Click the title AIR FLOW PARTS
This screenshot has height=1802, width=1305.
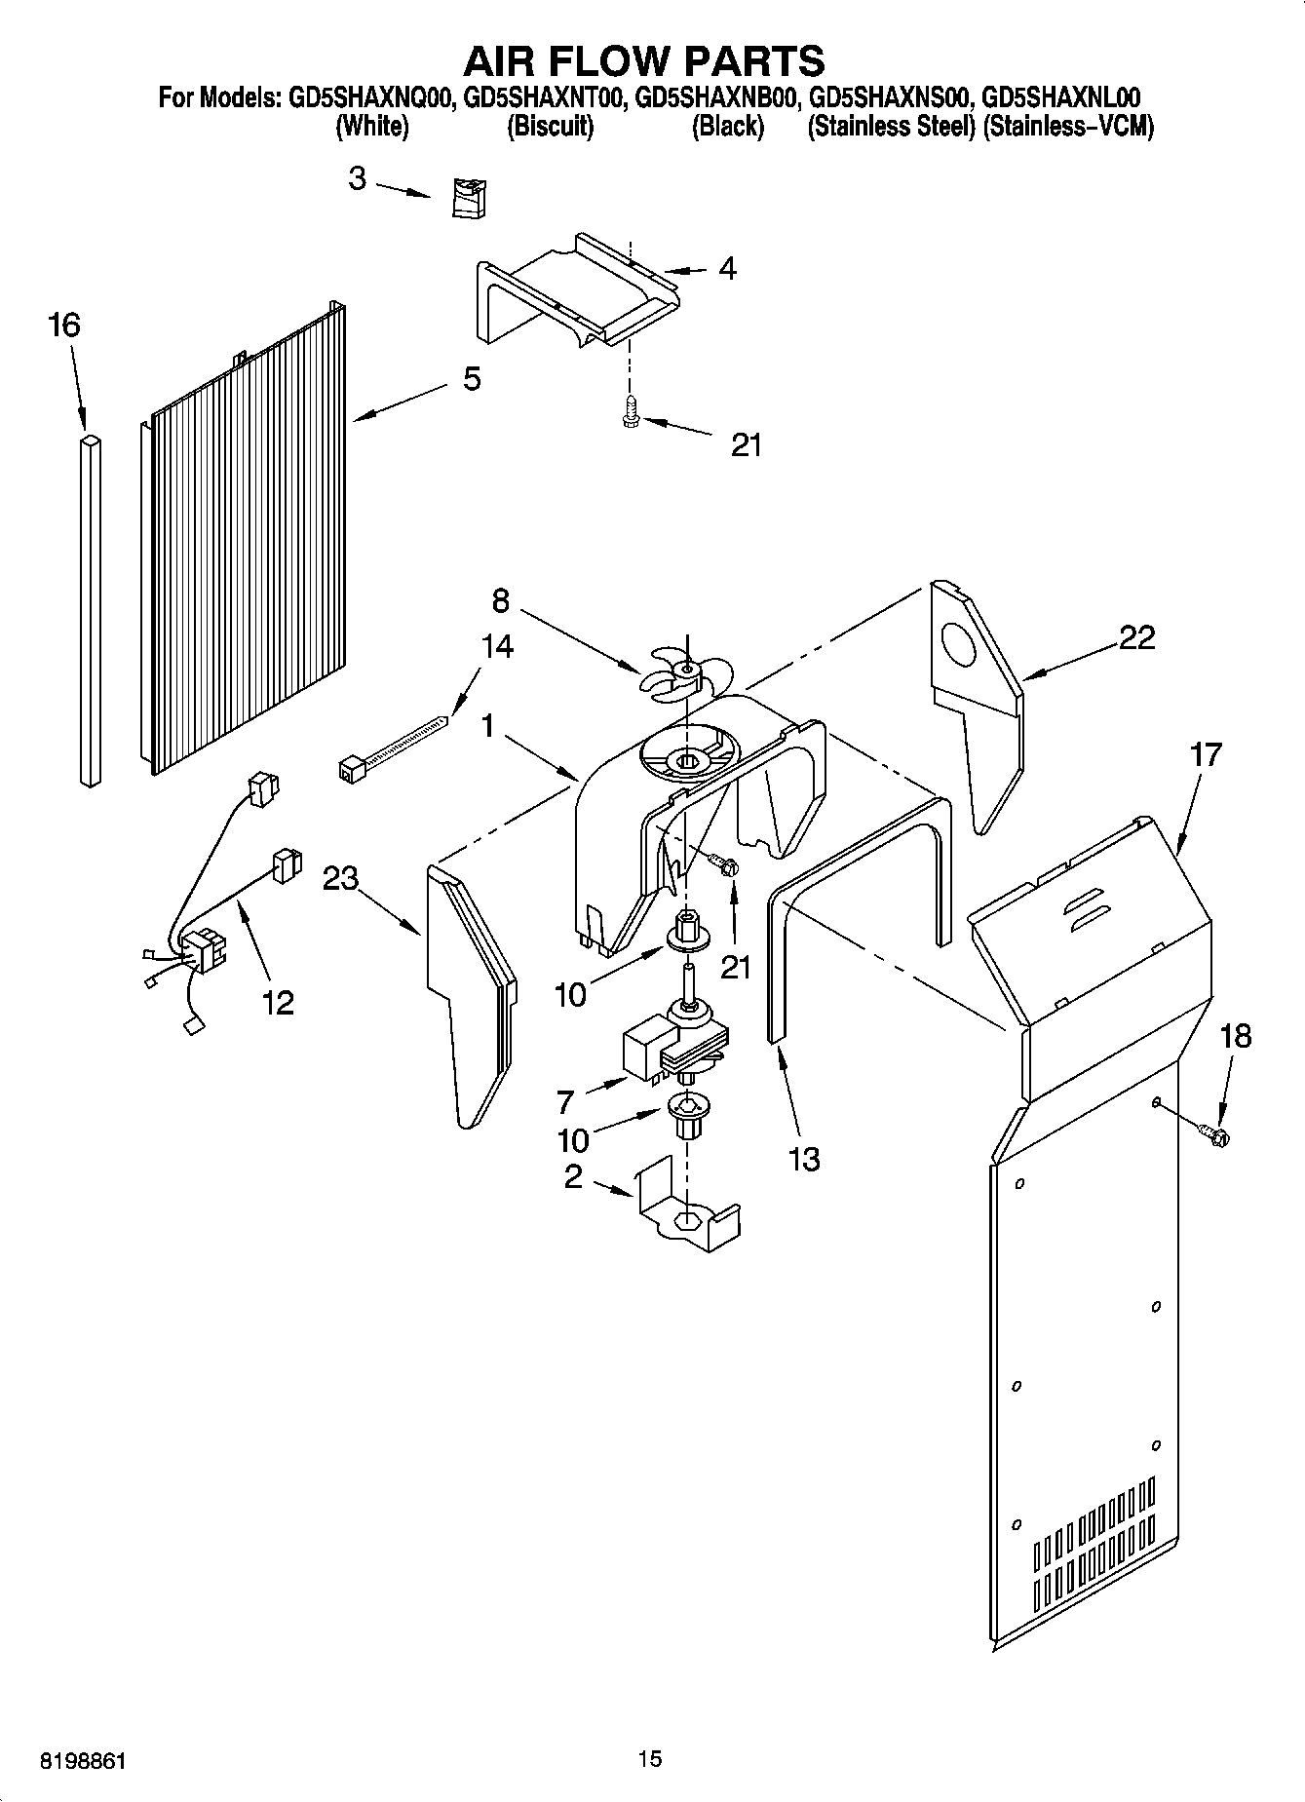pyautogui.click(x=643, y=60)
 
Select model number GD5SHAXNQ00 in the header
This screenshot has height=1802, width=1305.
pyautogui.click(x=368, y=98)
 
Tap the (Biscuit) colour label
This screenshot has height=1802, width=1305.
pyautogui.click(x=550, y=127)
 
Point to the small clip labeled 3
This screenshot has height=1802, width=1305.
pyautogui.click(x=471, y=199)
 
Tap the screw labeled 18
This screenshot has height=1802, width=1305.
pyautogui.click(x=1214, y=1131)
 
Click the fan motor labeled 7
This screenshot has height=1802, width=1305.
pyautogui.click(x=672, y=1048)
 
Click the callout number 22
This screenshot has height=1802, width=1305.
pyautogui.click(x=1136, y=637)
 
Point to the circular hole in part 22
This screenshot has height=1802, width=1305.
pyautogui.click(x=961, y=646)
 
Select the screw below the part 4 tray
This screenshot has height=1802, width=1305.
pyautogui.click(x=631, y=412)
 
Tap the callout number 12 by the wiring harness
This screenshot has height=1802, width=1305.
pyautogui.click(x=278, y=1002)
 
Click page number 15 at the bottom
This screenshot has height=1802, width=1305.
pyautogui.click(x=650, y=1759)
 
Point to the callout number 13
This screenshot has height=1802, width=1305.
pyautogui.click(x=804, y=1159)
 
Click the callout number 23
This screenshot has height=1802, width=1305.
pyautogui.click(x=341, y=878)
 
